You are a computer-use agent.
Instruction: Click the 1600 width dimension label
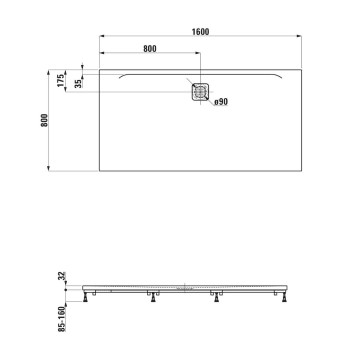click(201, 32)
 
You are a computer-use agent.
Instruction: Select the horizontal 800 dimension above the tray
click(150, 48)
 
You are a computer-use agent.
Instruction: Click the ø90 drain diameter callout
click(222, 103)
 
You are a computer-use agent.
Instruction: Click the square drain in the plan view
click(201, 89)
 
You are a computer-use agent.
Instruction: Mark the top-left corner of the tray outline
click(101, 68)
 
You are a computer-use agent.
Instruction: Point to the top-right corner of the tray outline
click(300, 68)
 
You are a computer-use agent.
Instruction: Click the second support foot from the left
click(152, 296)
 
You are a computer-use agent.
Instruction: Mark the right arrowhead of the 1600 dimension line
click(298, 38)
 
